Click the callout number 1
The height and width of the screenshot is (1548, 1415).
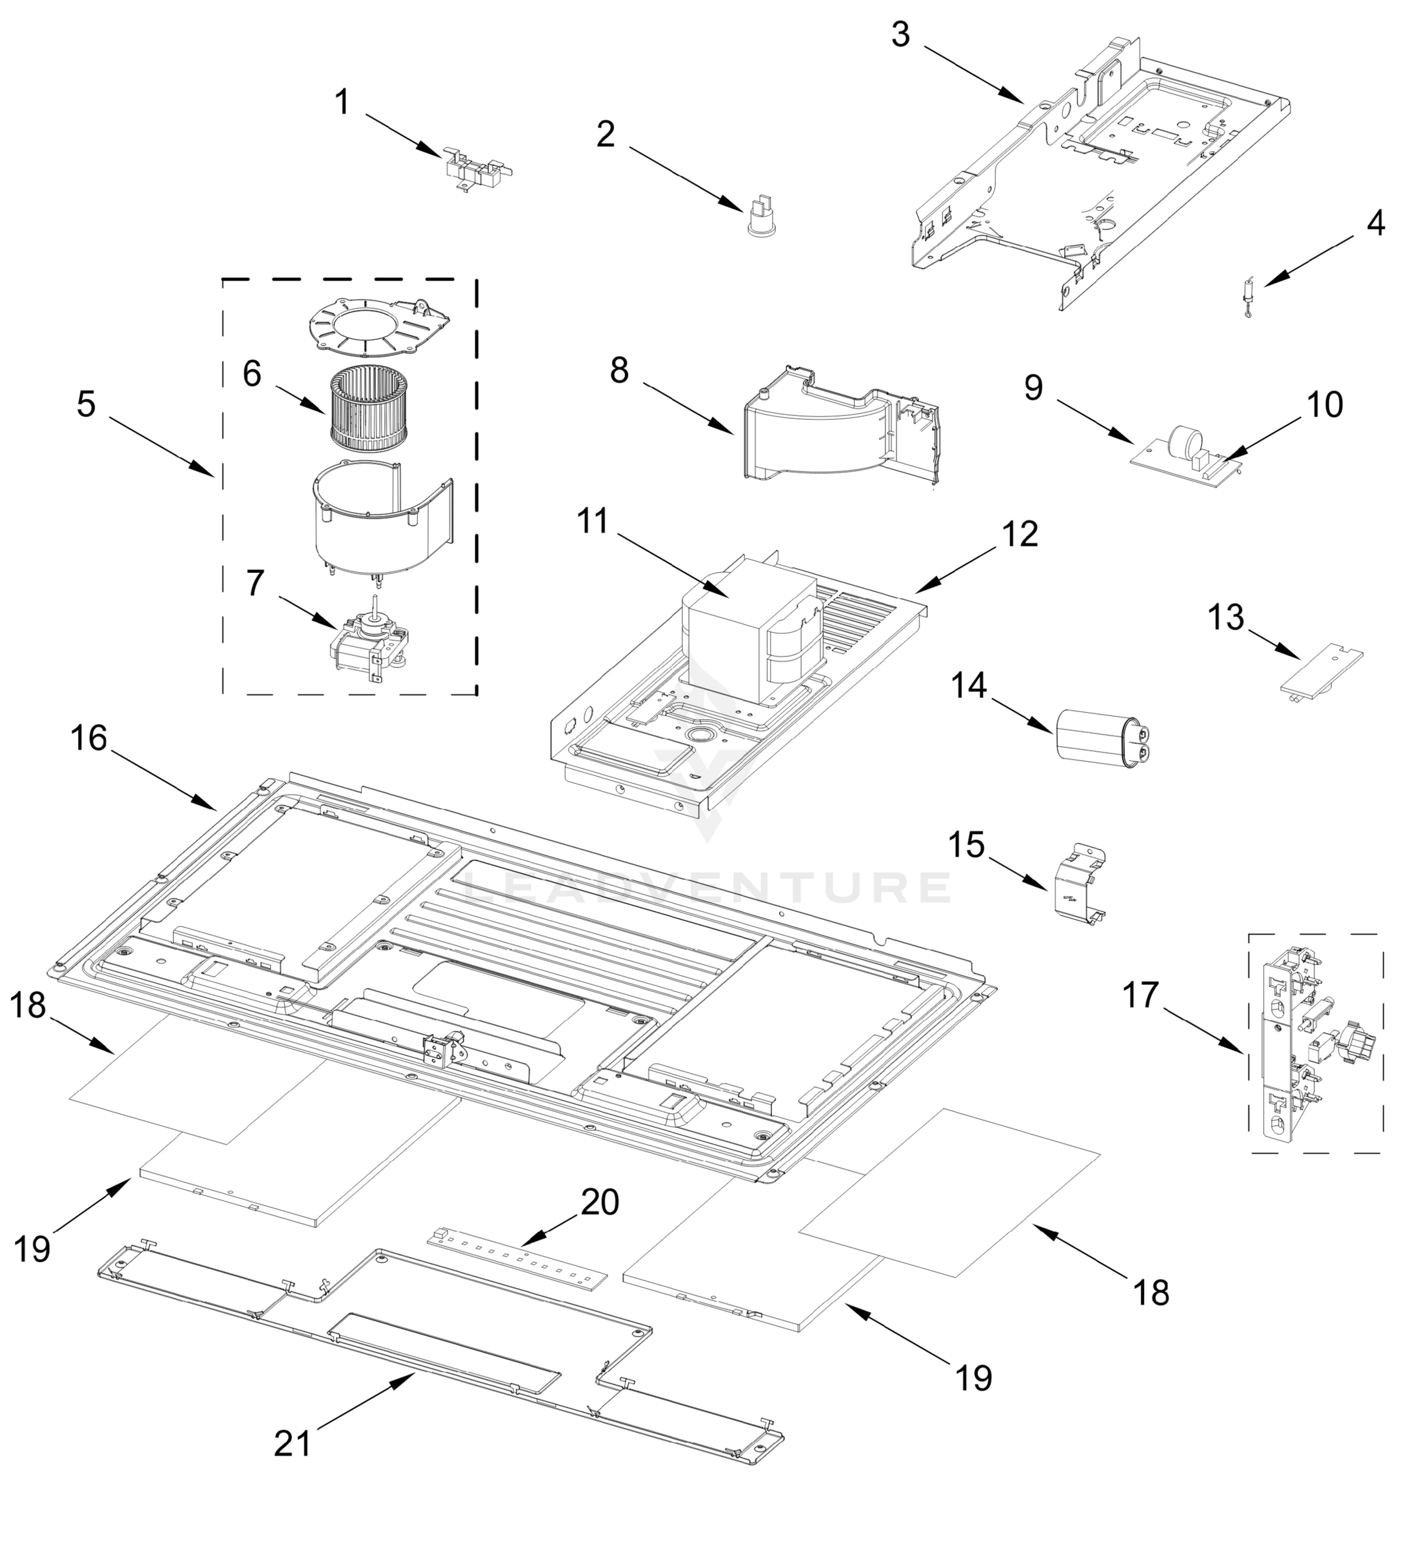[342, 102]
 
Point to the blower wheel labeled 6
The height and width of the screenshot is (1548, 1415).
[367, 408]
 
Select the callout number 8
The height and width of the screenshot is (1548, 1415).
[619, 370]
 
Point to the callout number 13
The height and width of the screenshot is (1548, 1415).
[1225, 617]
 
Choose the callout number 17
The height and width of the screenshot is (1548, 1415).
[1140, 995]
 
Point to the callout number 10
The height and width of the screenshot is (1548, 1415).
[1325, 404]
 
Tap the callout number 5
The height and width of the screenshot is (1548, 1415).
[86, 404]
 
